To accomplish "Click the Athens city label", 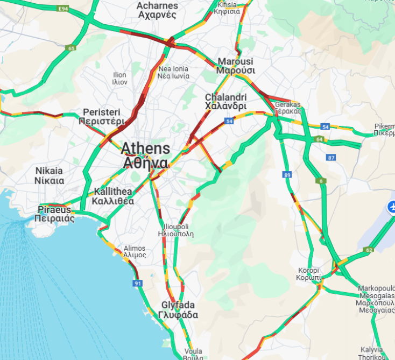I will click(x=145, y=155).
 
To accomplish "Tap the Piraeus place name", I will click(x=54, y=214).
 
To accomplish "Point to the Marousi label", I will click(x=235, y=66).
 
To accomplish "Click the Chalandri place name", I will click(x=225, y=102).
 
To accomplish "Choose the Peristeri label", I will click(x=101, y=116).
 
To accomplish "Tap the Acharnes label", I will click(x=157, y=10).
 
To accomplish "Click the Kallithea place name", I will click(x=113, y=196).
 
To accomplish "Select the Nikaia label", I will click(x=50, y=175).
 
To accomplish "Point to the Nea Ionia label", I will click(x=173, y=72).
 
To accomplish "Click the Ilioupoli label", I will click(x=175, y=230).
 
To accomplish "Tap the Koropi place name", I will click(x=309, y=273).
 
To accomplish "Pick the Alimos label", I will click(x=135, y=251).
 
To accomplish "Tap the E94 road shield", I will click(x=64, y=9).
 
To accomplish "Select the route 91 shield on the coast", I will click(x=138, y=283).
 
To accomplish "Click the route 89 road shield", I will click(x=287, y=175).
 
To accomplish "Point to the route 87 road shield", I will click(x=330, y=158).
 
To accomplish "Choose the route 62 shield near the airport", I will click(x=369, y=250).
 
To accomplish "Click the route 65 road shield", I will click(x=71, y=48).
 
